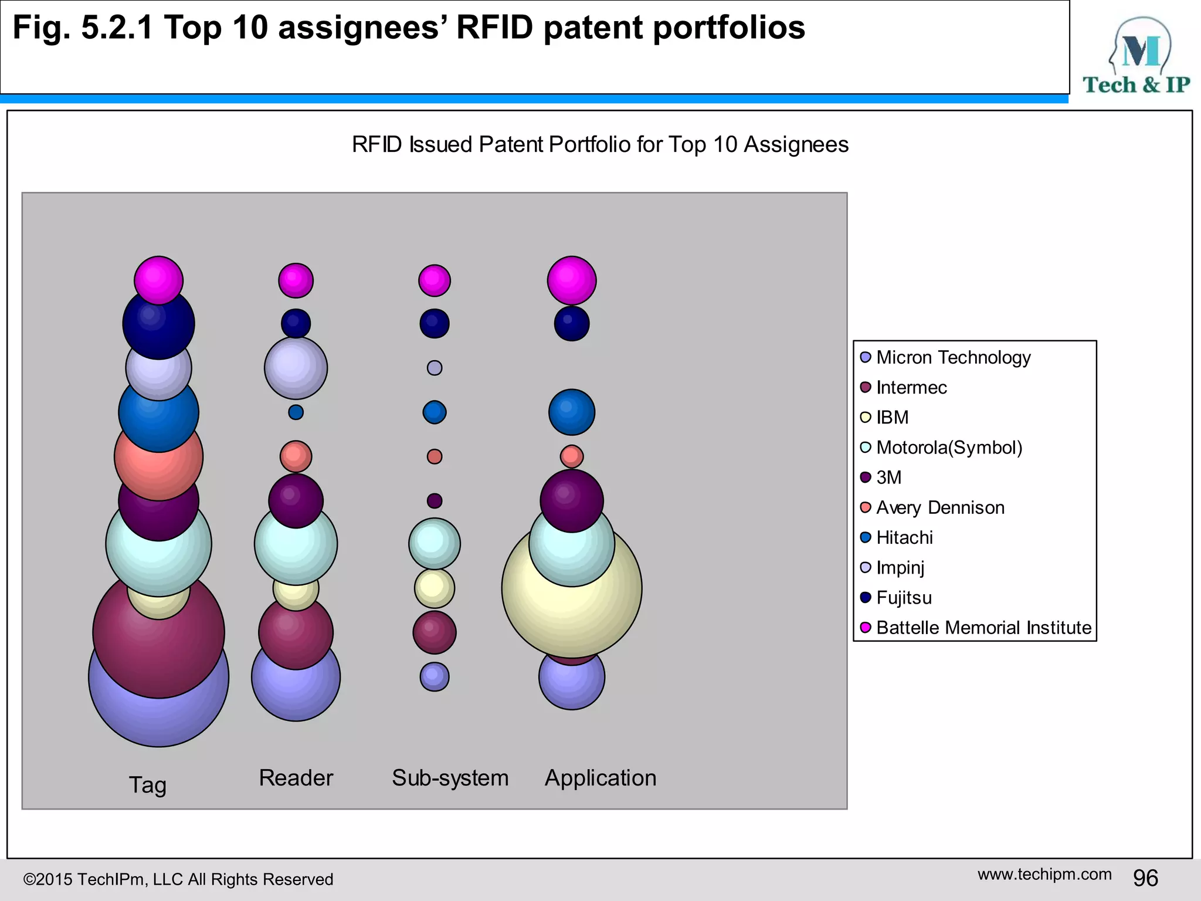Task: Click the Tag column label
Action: click(148, 785)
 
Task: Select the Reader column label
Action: click(296, 778)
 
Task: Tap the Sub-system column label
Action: click(450, 778)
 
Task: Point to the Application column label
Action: click(600, 778)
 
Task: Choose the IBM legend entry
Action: click(892, 417)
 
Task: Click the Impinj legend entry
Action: click(900, 567)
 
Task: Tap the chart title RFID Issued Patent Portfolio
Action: click(600, 144)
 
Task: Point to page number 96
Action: click(1145, 878)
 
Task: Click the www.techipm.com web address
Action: click(1044, 874)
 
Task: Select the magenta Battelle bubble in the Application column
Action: click(572, 280)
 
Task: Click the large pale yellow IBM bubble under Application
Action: click(572, 616)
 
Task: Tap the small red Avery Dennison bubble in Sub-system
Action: click(435, 456)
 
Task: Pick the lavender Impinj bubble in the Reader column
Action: click(296, 368)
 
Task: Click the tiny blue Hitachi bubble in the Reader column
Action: click(296, 412)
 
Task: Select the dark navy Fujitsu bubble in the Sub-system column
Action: click(435, 324)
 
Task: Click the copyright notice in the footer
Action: click(178, 879)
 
